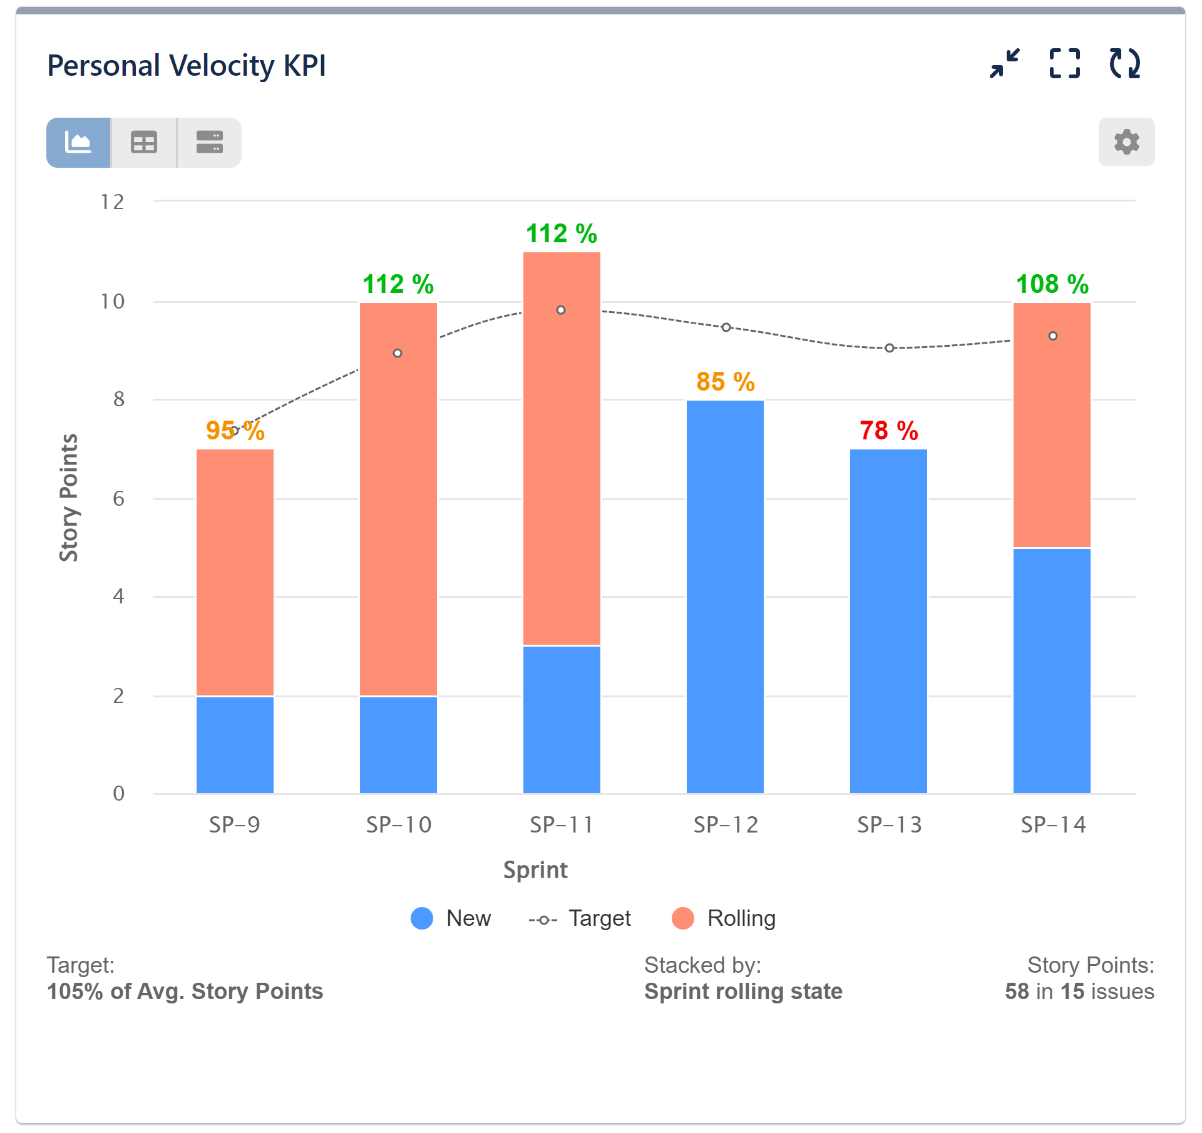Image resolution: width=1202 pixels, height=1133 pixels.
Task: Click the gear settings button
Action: (1126, 142)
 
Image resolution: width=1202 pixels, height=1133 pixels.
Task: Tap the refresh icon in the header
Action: (1124, 64)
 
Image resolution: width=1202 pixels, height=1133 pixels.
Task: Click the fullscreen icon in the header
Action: (1064, 64)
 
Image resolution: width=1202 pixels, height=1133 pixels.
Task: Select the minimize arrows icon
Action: (1004, 64)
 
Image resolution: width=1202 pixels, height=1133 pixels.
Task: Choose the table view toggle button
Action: (144, 143)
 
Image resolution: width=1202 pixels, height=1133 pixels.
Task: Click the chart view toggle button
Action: (79, 143)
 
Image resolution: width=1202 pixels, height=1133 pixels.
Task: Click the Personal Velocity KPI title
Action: (187, 66)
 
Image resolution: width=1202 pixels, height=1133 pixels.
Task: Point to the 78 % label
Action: (888, 431)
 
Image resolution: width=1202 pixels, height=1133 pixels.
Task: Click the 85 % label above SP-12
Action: (725, 382)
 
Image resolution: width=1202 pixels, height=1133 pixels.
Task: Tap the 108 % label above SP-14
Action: (1052, 284)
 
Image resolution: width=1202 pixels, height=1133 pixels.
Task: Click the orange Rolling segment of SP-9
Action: (235, 570)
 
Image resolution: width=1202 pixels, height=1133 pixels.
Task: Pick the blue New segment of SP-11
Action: (562, 720)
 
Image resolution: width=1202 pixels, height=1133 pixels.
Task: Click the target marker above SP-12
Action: (726, 327)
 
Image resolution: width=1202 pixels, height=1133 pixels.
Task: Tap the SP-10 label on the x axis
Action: (399, 825)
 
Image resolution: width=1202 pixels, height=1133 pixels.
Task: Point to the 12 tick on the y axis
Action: (113, 202)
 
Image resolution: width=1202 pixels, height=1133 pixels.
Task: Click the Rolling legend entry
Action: (724, 918)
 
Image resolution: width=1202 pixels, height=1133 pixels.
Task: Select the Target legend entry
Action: (580, 918)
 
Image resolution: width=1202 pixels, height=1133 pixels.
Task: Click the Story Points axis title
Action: (69, 498)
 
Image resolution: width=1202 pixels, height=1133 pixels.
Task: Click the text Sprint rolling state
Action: (743, 992)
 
